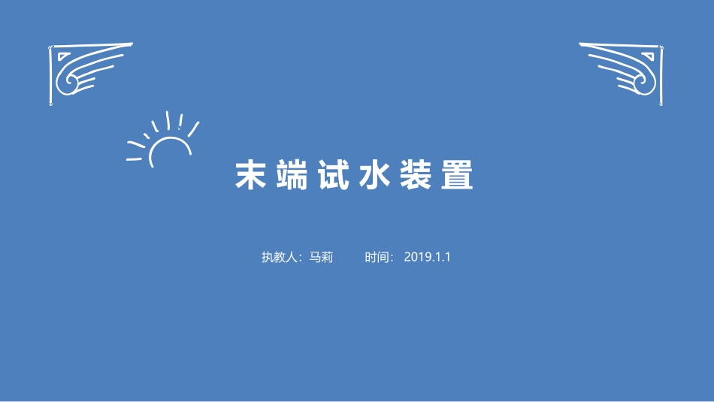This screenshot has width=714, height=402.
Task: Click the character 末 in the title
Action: [x=252, y=176]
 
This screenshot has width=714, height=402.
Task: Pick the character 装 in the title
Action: [x=415, y=176]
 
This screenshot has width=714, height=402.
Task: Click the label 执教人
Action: [x=280, y=257]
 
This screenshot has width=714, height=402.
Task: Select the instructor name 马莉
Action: [x=321, y=257]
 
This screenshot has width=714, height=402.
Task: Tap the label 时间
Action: [x=379, y=257]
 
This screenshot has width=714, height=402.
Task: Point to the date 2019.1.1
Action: [x=427, y=257]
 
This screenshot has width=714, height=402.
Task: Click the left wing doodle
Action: [x=86, y=73]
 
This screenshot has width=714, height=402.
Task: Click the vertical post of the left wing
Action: [x=51, y=79]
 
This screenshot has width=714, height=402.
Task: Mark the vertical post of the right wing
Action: [x=661, y=79]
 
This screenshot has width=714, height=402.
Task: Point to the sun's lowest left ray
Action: [x=135, y=159]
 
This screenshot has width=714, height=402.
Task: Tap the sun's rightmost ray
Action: [x=193, y=128]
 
